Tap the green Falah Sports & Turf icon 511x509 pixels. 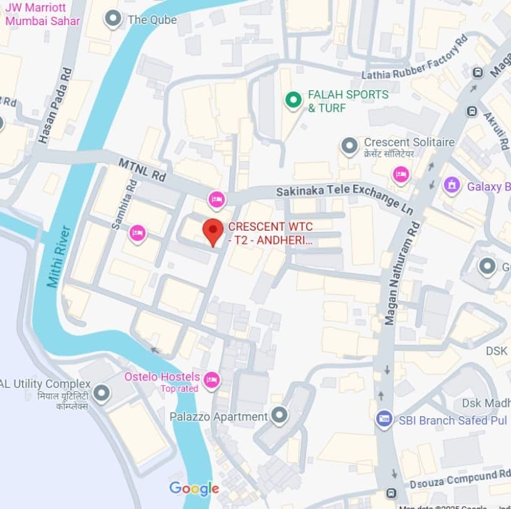(292, 100)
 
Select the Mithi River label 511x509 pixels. (58, 256)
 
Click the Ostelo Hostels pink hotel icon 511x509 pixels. (212, 379)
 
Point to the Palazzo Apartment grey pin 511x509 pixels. (279, 415)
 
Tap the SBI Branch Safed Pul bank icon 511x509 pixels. (384, 419)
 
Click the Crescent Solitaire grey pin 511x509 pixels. (349, 147)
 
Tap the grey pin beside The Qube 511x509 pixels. (113, 19)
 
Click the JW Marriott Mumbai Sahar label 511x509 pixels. (43, 15)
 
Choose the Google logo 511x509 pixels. (194, 489)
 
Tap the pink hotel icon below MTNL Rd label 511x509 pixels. (216, 199)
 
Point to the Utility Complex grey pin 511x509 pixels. (102, 393)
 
